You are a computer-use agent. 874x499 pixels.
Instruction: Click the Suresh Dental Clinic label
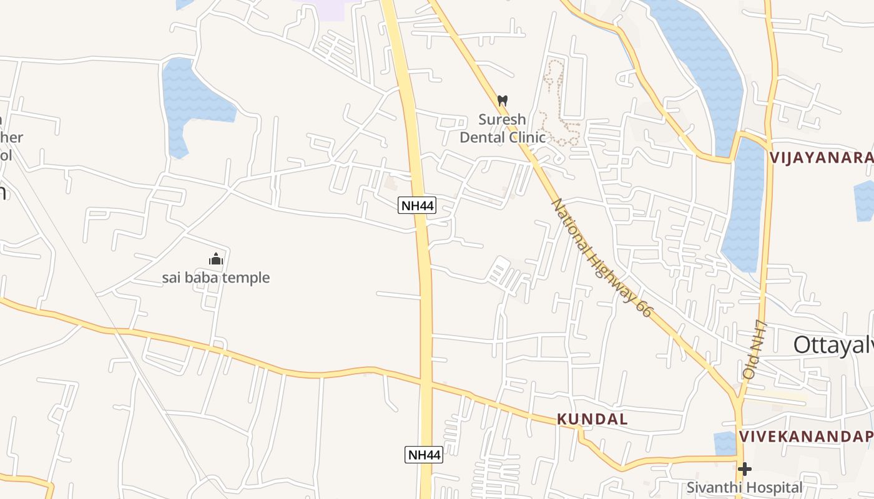(x=503, y=128)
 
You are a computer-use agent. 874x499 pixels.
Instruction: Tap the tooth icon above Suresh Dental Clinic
(x=503, y=100)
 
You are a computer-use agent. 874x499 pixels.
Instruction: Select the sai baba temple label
(x=216, y=278)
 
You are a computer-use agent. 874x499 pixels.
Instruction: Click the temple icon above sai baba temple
(x=216, y=259)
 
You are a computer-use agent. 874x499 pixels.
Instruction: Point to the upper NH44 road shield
(x=417, y=205)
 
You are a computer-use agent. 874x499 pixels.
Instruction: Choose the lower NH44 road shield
(x=424, y=455)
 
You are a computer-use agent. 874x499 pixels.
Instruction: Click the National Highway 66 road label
(x=601, y=258)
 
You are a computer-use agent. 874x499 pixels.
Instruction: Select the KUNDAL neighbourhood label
(x=592, y=419)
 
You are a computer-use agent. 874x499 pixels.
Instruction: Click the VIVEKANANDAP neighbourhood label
(x=806, y=437)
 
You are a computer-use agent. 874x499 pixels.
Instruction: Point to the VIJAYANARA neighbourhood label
(x=822, y=157)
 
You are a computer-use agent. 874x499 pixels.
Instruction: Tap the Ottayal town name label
(x=833, y=345)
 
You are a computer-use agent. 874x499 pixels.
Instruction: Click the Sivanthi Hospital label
(x=745, y=487)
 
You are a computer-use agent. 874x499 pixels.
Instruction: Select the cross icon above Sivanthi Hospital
(x=745, y=468)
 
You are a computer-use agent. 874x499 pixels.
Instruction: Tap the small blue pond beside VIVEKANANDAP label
(x=725, y=443)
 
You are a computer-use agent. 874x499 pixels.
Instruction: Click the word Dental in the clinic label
(x=484, y=137)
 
